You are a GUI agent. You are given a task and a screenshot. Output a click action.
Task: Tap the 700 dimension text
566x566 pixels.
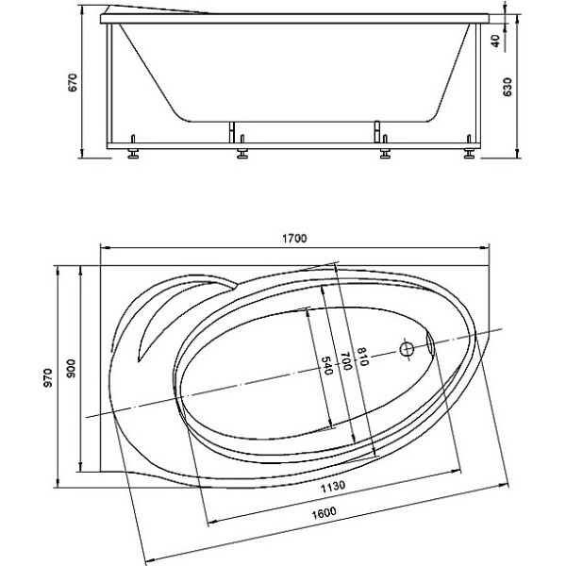coord(346,360)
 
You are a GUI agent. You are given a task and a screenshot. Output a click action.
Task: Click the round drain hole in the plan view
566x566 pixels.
coord(408,348)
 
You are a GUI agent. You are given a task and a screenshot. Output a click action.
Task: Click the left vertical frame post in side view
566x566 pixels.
coord(113,85)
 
